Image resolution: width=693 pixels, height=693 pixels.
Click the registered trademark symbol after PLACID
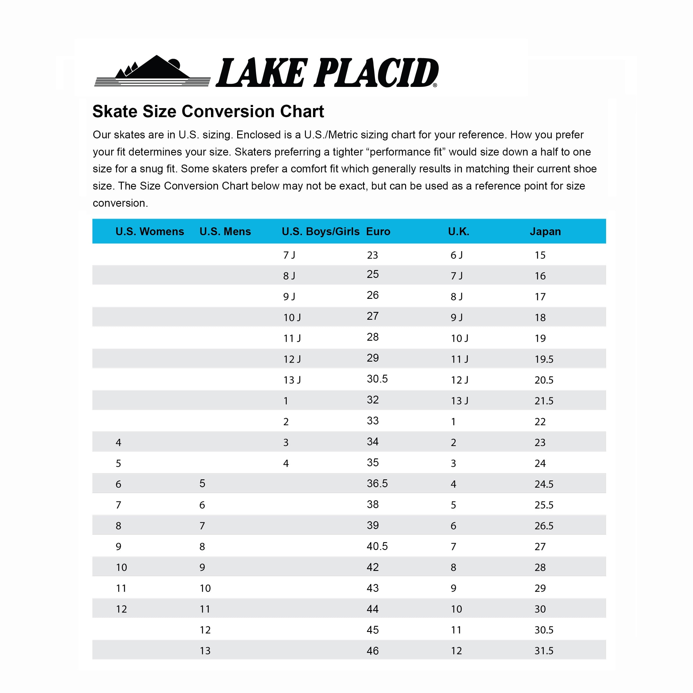click(x=435, y=85)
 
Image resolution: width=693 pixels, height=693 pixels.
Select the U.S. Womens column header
click(x=150, y=231)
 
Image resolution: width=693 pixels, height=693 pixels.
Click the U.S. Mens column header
click(x=225, y=231)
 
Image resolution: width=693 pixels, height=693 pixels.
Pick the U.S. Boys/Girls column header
click(x=320, y=231)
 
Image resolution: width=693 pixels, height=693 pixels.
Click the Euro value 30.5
click(x=377, y=379)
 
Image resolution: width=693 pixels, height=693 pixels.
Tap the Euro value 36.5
click(x=377, y=483)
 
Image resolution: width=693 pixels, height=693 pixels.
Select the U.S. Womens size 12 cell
click(x=121, y=609)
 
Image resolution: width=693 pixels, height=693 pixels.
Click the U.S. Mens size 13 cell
click(x=205, y=651)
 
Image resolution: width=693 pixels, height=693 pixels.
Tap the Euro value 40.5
click(x=377, y=546)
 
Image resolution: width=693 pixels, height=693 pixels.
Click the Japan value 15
click(x=540, y=255)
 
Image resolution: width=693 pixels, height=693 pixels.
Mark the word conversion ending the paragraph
click(x=120, y=203)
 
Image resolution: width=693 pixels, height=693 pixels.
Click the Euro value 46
click(x=372, y=651)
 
